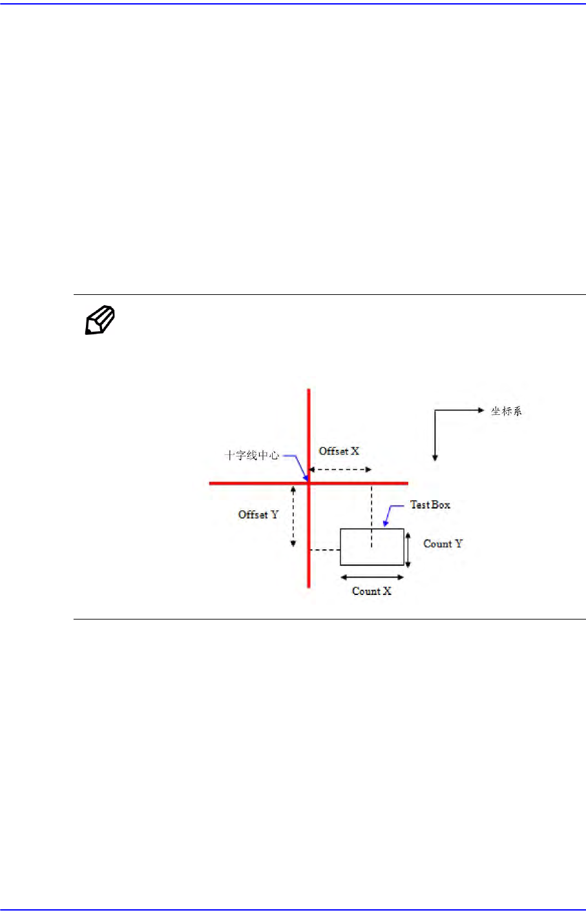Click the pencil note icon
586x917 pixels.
100,321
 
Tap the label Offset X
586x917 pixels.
339,451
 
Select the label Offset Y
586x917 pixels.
258,514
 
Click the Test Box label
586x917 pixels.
430,505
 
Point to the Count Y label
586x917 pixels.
443,543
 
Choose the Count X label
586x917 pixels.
371,590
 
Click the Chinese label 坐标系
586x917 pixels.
506,410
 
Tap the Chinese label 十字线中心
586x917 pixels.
252,455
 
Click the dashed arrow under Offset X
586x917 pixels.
340,469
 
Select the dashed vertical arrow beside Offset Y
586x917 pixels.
293,516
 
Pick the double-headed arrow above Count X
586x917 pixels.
371,577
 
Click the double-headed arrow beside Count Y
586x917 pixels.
408,548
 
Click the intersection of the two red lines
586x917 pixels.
309,483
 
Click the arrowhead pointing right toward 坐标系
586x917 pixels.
480,410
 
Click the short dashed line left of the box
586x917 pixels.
325,550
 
